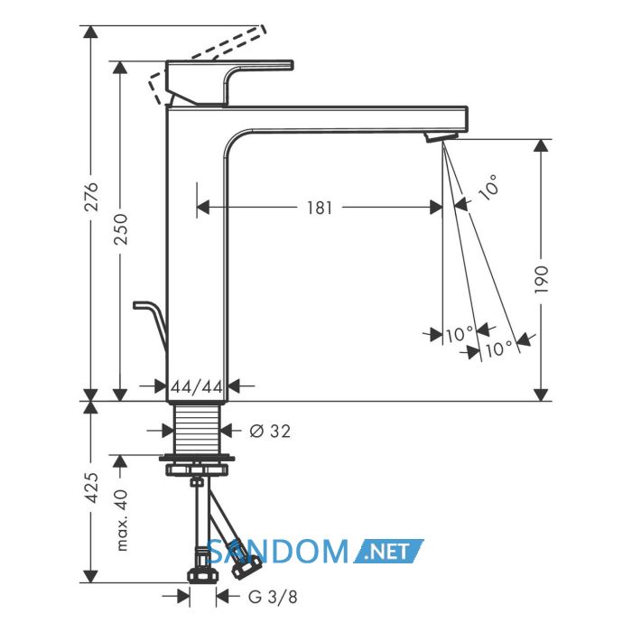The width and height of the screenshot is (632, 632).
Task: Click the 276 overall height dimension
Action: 92,197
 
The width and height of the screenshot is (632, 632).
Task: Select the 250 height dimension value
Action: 120,229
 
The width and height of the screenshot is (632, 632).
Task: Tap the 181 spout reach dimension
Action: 320,208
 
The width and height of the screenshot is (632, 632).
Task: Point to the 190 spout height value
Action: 542,279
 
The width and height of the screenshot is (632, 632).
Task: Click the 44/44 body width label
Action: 197,387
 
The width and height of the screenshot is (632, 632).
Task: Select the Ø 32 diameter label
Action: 270,432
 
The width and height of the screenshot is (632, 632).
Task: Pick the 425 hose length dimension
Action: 93,488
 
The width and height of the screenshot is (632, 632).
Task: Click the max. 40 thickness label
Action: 121,520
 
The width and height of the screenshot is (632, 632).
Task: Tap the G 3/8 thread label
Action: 273,597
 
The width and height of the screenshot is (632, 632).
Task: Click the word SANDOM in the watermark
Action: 278,552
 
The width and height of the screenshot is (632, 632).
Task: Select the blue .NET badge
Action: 389,551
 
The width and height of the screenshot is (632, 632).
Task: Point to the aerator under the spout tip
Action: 441,136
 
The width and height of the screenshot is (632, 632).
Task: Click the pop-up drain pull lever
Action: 151,321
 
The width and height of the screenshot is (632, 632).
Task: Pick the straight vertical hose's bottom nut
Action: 203,575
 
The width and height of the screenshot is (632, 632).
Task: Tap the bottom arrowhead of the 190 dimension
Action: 541,395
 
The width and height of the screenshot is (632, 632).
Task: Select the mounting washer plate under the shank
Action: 197,458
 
